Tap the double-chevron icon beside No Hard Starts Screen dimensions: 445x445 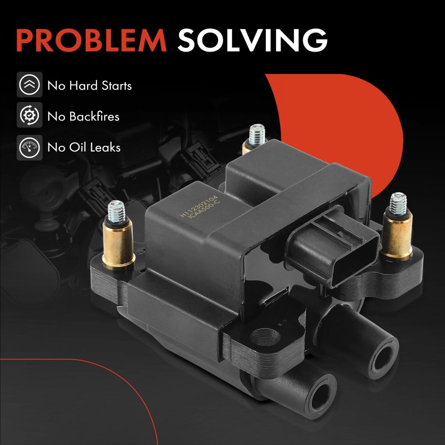tap(30, 85)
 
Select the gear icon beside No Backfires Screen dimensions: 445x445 tap(30, 115)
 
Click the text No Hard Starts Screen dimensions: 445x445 tap(90, 86)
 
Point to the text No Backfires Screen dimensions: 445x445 tap(83, 116)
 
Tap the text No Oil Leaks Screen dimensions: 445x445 tap(84, 147)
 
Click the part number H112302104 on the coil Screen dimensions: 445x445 tap(198, 206)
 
